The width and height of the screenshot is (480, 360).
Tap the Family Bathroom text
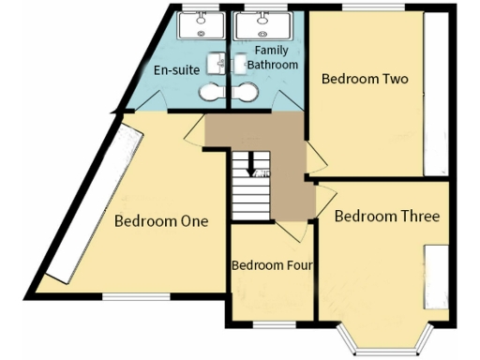[x=272, y=57]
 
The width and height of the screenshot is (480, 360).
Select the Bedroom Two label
[x=365, y=80]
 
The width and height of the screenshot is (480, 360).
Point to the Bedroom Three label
[x=386, y=217]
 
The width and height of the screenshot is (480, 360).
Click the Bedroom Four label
[x=272, y=265]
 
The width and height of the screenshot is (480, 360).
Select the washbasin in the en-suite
[x=218, y=63]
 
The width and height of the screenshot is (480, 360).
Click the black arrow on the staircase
[x=250, y=168]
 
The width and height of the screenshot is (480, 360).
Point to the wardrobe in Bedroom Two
[x=438, y=94]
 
